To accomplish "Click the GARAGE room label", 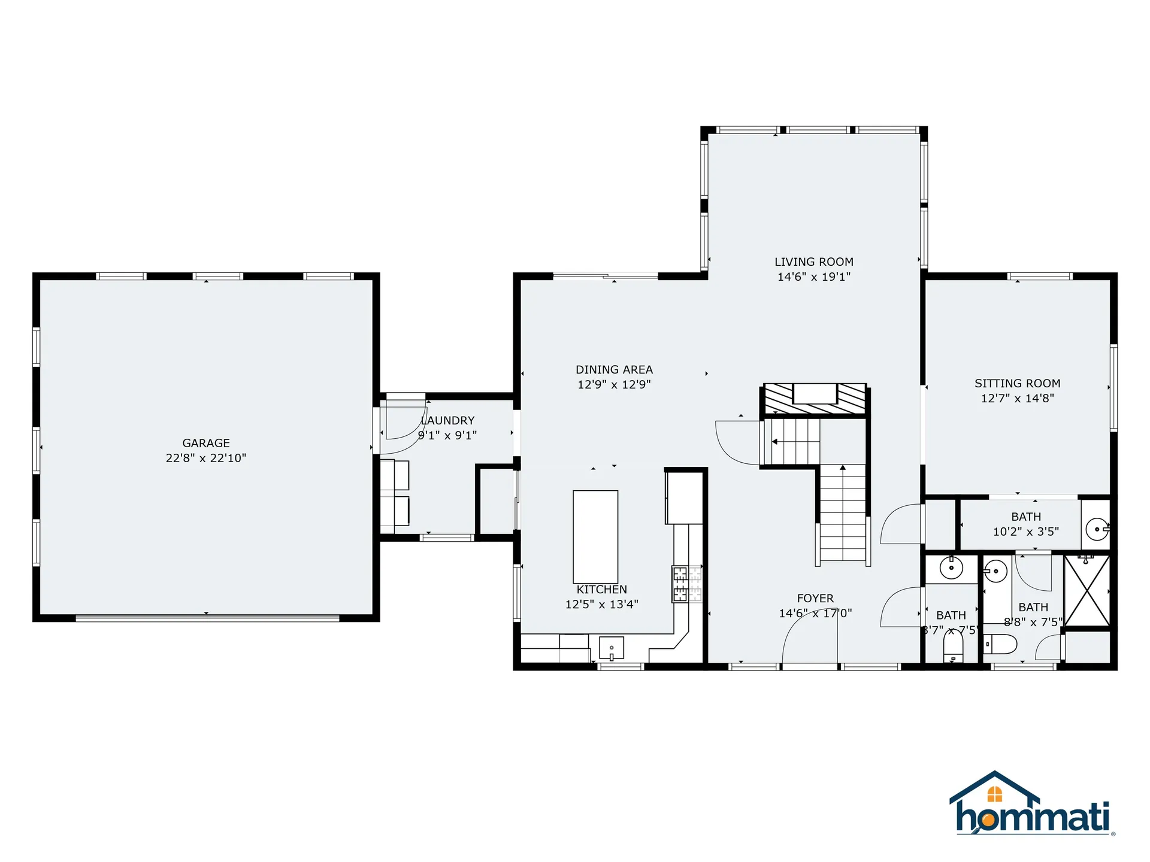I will point(206,443).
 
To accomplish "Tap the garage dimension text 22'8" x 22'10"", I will point(206,458).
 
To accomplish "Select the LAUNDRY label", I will point(448,420).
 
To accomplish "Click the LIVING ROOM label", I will point(813,262).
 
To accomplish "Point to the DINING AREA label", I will point(614,369).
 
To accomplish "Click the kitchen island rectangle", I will point(595,536).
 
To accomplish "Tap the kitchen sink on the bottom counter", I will point(612,648).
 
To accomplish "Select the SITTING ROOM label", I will point(1017,383).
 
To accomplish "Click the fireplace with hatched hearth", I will point(815,399).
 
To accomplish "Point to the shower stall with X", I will point(1087,591).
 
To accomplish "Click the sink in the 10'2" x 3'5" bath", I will point(1097,529).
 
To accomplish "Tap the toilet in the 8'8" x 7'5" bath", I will point(1001,645).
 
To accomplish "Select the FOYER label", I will point(815,598).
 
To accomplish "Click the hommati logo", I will point(1032,805).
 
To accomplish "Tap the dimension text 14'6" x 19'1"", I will point(813,277).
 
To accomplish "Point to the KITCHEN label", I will point(601,589).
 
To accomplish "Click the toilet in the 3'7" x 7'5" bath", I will point(953,647).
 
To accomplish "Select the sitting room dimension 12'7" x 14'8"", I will point(1017,398).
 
